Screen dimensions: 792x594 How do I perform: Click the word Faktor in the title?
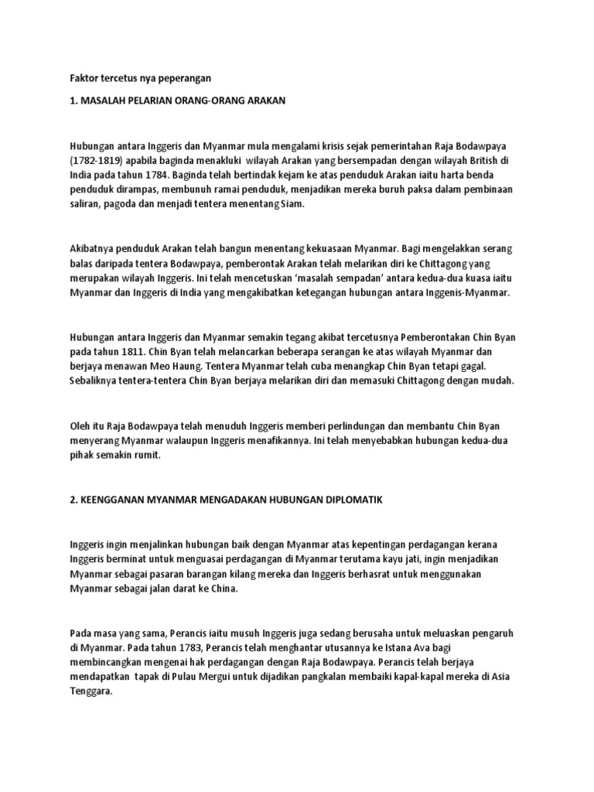coord(83,78)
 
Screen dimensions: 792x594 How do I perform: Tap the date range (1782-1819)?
coord(97,161)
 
